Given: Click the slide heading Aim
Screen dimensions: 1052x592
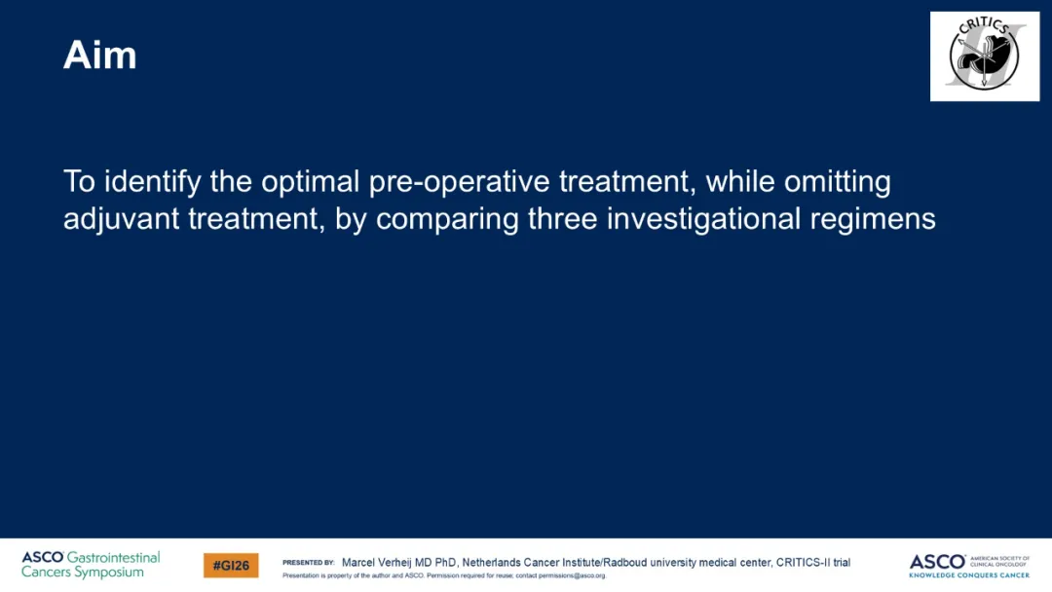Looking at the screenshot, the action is pos(100,55).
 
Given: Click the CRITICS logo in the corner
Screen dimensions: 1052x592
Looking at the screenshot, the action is pos(984,56).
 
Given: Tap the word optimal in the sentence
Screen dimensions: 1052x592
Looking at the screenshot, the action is pos(311,182).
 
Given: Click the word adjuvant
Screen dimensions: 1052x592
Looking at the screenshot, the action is pos(122,219).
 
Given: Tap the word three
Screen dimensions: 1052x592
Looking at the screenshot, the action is pos(562,218).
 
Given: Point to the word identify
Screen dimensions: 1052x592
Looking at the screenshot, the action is pos(152,182).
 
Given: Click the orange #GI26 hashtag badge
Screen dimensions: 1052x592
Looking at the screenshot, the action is pos(231,565).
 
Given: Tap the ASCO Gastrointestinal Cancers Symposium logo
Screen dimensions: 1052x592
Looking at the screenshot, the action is pos(91,565).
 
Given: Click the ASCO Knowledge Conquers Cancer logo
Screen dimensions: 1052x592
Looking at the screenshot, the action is pos(969,566).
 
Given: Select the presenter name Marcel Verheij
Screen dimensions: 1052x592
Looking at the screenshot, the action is pos(376,563).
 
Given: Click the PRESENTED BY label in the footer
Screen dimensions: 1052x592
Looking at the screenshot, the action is pos(309,563).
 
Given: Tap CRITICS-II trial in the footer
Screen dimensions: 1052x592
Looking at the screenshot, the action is pos(813,563).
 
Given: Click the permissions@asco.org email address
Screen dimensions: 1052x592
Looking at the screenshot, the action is pos(572,575).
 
